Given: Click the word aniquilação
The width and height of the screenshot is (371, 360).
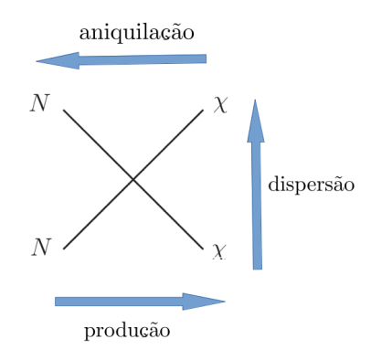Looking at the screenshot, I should pyautogui.click(x=137, y=33).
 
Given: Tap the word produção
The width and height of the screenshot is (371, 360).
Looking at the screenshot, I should pyautogui.click(x=127, y=330).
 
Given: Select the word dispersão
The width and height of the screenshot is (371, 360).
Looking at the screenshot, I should pyautogui.click(x=311, y=185).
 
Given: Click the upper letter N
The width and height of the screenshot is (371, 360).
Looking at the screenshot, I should pyautogui.click(x=39, y=102).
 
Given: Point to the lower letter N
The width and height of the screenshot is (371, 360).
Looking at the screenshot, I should pyautogui.click(x=39, y=247).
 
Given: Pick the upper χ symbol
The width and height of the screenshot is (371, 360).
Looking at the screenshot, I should pyautogui.click(x=220, y=104).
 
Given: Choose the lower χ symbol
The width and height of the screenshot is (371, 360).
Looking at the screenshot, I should pyautogui.click(x=219, y=249).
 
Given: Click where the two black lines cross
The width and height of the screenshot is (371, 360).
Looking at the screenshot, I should pyautogui.click(x=133, y=180).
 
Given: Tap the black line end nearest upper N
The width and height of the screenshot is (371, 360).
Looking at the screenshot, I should pyautogui.click(x=64, y=111).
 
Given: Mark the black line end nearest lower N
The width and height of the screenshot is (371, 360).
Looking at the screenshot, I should pyautogui.click(x=64, y=249).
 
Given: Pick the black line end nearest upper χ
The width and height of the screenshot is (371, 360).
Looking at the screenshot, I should pyautogui.click(x=202, y=111).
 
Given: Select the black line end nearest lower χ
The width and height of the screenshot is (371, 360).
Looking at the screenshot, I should pyautogui.click(x=202, y=249).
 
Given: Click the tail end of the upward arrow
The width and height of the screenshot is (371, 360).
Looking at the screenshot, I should pyautogui.click(x=258, y=268).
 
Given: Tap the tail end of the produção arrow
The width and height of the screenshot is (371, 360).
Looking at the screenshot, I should pyautogui.click(x=57, y=302).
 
